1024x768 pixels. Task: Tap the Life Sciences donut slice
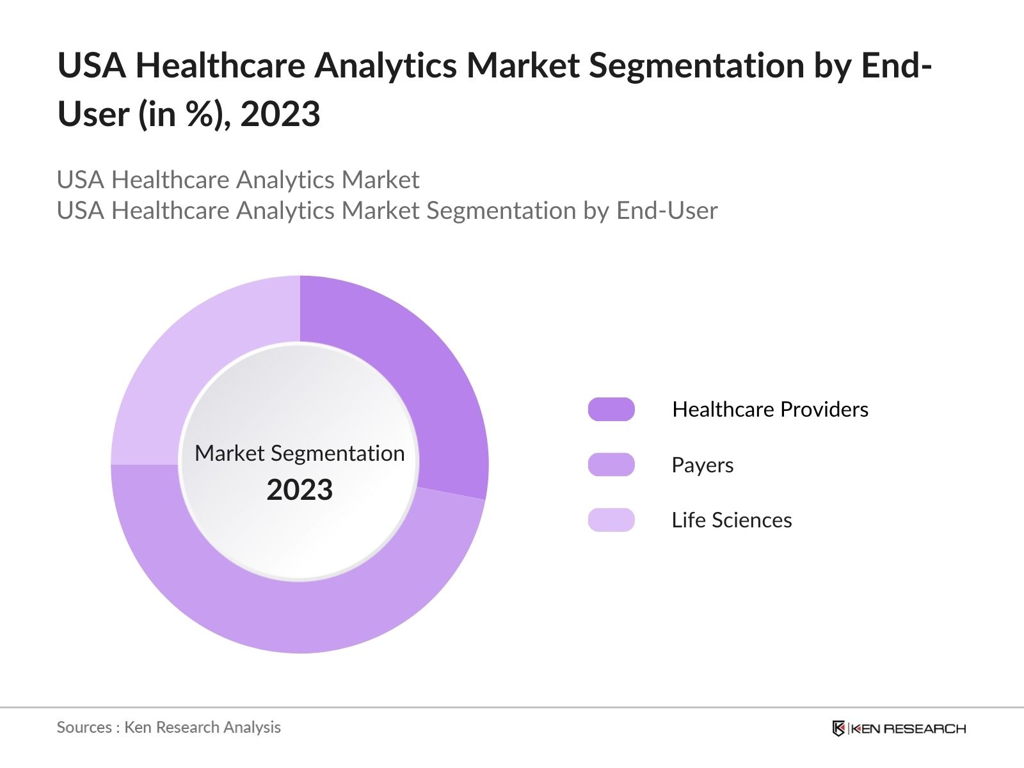(179, 358)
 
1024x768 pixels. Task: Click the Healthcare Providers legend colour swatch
(611, 409)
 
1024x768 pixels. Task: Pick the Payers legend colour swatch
(611, 465)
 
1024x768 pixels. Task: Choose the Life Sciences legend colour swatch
(611, 520)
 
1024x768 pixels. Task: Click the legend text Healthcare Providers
(770, 409)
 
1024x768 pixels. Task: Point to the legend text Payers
(702, 465)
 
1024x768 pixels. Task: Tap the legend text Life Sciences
(732, 520)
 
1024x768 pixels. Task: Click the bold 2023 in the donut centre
(300, 490)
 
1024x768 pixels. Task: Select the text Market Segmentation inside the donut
(300, 453)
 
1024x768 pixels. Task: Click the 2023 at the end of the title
(280, 115)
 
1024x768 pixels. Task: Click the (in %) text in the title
(184, 115)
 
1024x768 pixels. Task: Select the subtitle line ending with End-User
(387, 211)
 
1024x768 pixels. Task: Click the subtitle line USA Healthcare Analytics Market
(238, 180)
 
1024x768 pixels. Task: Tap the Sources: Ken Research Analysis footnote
(168, 727)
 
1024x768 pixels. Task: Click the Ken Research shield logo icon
(838, 728)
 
